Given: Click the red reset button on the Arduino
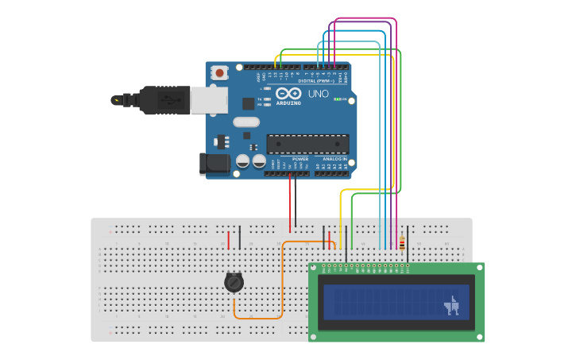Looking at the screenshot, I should pos(219,72).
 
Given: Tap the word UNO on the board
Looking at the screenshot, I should pos(318,94).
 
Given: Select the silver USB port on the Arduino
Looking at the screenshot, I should pos(207,99).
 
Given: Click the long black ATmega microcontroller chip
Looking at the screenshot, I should pos(307,144).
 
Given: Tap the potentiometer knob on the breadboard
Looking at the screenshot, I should pos(233,282).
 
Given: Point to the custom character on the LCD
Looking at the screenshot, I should pos(452,305).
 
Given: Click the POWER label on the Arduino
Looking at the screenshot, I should pos(300,159).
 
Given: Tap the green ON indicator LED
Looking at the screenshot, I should pos(337,99).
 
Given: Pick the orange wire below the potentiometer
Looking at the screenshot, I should pos(258,319).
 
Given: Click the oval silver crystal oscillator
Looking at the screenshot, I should pos(246,122).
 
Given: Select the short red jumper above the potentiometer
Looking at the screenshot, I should pos(229,239).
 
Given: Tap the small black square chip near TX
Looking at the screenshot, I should pos(249,103).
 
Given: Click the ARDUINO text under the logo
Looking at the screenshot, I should pos(288,103).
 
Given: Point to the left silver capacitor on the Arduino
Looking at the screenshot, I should pos(243,161).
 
